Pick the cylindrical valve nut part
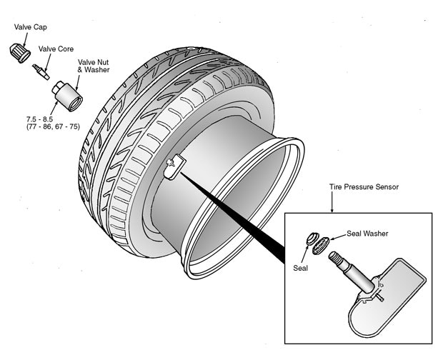point(66,96)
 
